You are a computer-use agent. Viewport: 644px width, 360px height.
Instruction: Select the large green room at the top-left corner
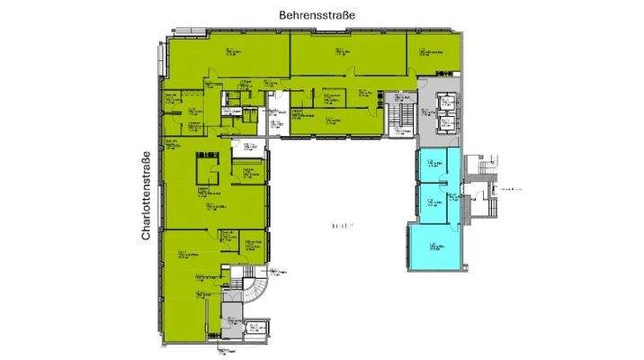point(225,58)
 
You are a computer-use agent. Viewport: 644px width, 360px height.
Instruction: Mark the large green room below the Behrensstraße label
point(346,58)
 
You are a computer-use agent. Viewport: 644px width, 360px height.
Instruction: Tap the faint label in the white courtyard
point(340,224)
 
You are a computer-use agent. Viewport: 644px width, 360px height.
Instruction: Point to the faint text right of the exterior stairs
point(514,191)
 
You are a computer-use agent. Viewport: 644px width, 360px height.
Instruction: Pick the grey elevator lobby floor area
point(432,135)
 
